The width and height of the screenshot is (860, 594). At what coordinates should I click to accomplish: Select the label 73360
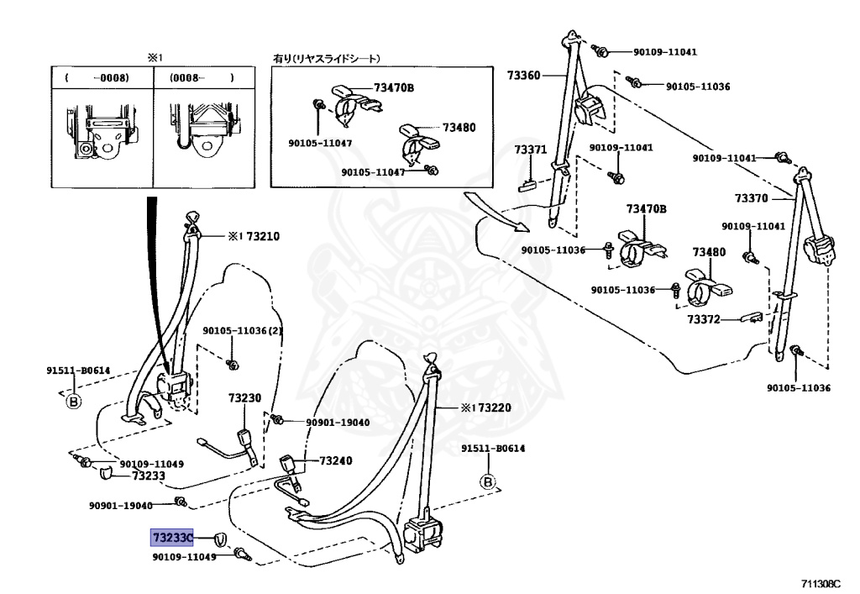pos(523,76)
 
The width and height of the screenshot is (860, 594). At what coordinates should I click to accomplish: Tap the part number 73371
pos(530,150)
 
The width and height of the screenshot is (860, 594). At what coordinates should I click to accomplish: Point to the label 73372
pos(704,319)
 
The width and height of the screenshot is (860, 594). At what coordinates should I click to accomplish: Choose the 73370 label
pos(752,198)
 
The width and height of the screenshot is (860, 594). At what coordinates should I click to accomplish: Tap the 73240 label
pos(335,460)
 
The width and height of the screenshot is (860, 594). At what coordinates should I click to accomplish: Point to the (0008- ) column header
pos(201,77)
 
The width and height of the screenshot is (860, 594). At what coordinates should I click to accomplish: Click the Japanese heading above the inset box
pos(327,59)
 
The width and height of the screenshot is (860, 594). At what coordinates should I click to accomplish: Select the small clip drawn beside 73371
pos(528,184)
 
